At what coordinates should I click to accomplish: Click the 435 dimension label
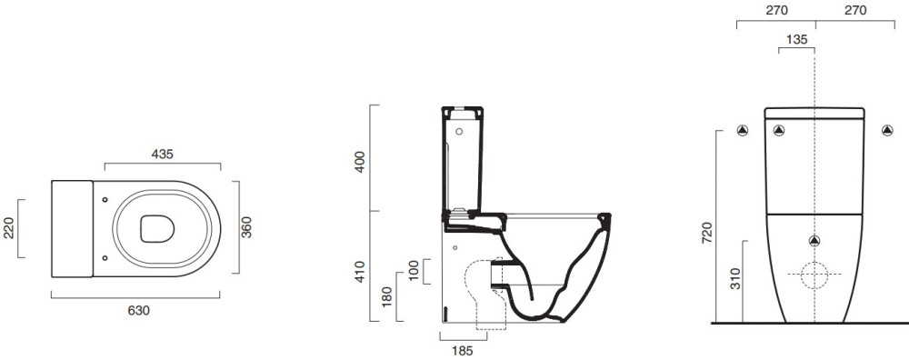[x=163, y=154]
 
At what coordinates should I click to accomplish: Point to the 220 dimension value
[x=9, y=228]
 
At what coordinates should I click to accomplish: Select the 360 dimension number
[x=246, y=226]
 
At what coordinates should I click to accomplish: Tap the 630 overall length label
[x=138, y=310]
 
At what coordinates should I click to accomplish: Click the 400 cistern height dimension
[x=361, y=162]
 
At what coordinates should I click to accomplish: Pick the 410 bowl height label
[x=361, y=272]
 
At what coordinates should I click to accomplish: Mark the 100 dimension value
[x=413, y=271]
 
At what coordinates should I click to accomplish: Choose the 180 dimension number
[x=387, y=296]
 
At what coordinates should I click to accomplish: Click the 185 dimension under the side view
[x=462, y=350]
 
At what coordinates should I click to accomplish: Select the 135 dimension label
[x=797, y=39]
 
